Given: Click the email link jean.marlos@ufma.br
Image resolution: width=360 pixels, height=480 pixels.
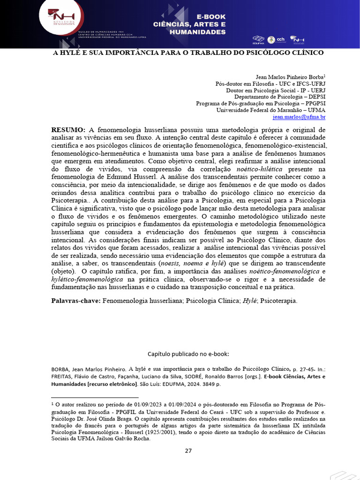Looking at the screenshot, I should (299, 117).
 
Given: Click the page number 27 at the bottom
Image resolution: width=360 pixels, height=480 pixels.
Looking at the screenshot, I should (188, 450).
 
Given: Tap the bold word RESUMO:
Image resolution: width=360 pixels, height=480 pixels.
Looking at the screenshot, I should (68, 129).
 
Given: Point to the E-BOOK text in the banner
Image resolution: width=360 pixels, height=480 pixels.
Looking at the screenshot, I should (207, 17).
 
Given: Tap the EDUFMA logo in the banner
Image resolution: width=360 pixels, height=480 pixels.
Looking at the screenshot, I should (258, 39).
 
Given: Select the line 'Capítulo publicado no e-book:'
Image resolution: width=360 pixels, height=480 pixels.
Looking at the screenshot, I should (188, 354).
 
